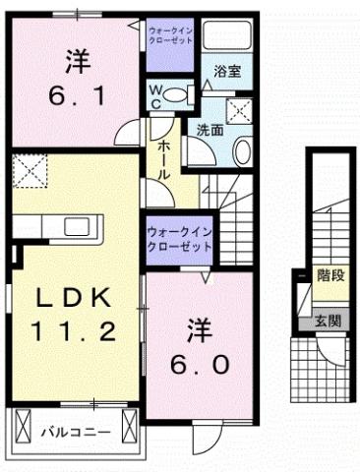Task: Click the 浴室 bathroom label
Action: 228,71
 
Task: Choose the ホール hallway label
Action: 163,156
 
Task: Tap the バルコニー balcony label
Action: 75,430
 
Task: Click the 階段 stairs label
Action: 330,275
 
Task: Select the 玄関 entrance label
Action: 328,320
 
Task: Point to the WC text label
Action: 157,95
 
